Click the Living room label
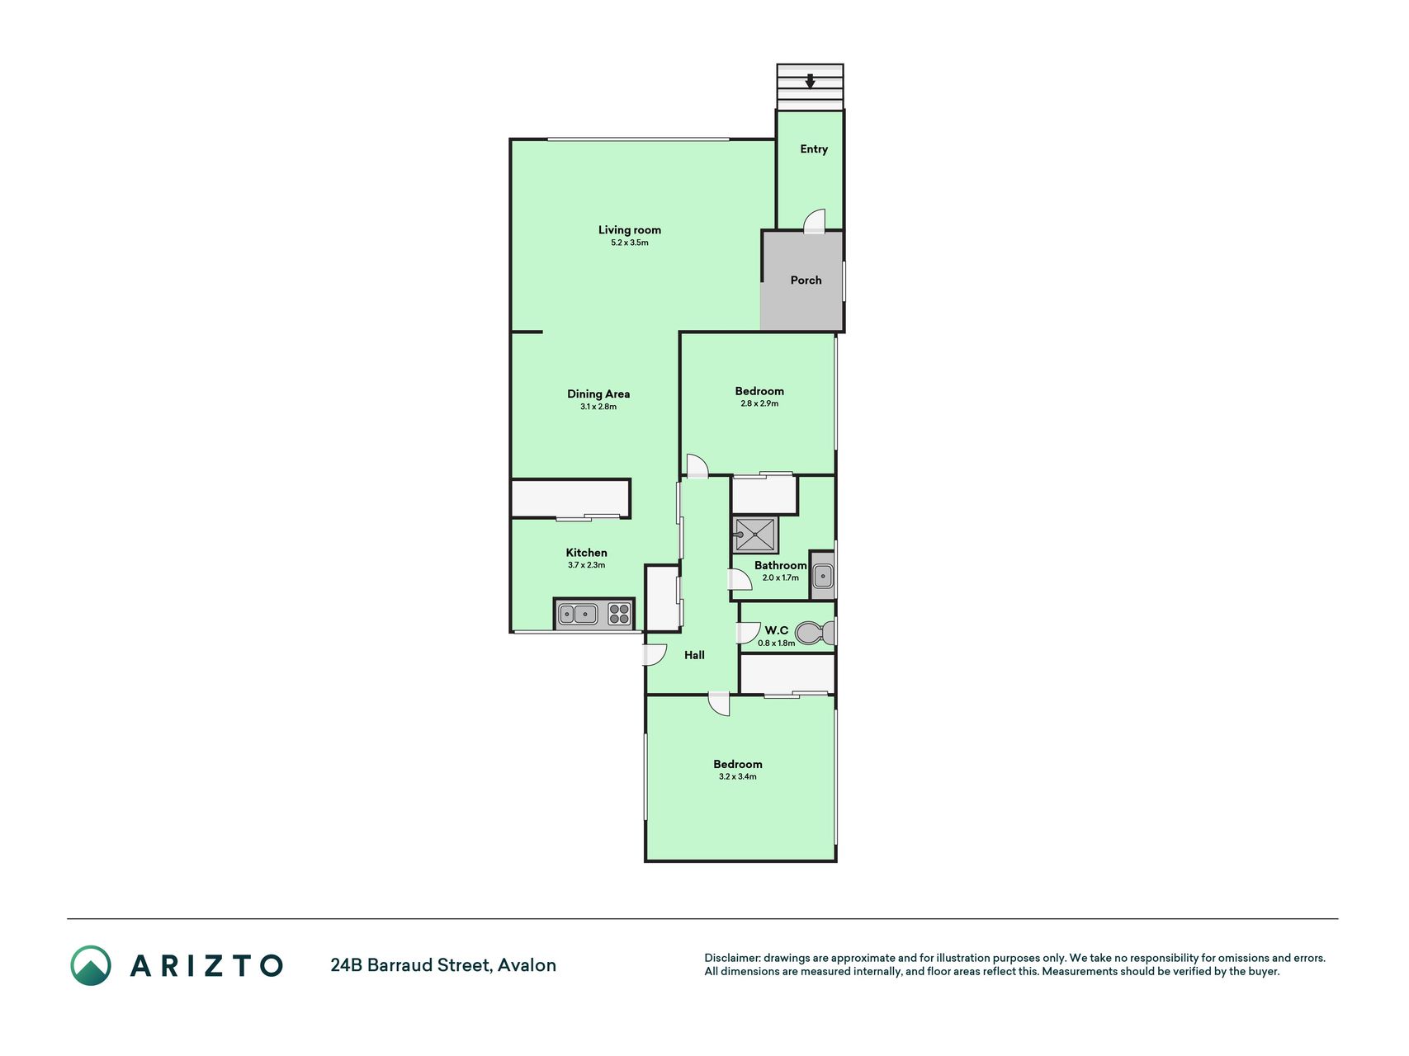(630, 230)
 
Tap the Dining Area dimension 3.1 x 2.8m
(598, 407)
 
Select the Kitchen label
(587, 553)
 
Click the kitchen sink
(579, 614)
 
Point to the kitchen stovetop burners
(619, 614)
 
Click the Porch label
(806, 280)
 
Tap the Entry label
(814, 149)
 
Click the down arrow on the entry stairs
(811, 81)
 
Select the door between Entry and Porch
(815, 220)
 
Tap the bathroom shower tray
(755, 535)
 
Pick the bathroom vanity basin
(823, 575)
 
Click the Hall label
(694, 655)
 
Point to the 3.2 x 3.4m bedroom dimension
(738, 776)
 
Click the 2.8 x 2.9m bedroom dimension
(759, 403)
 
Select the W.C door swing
(749, 633)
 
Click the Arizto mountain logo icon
(91, 965)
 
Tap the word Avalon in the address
(527, 965)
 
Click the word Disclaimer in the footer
(732, 958)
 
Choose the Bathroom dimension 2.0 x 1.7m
(780, 577)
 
